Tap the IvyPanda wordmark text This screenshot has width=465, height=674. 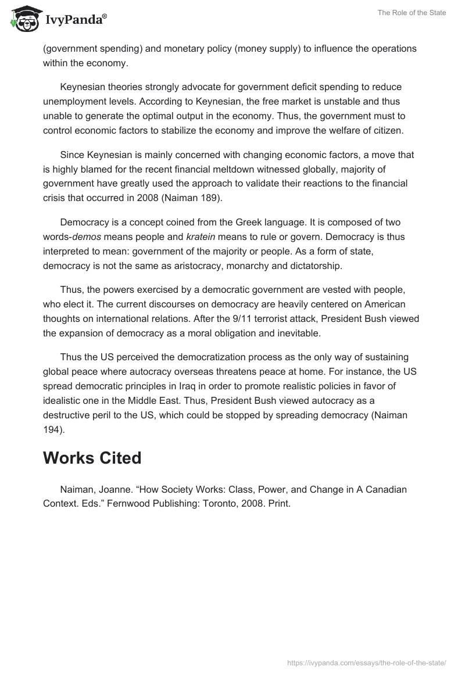(x=76, y=20)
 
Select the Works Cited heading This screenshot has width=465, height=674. (x=92, y=458)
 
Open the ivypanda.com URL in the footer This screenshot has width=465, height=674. (x=367, y=662)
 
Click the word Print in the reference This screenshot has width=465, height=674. (x=277, y=504)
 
